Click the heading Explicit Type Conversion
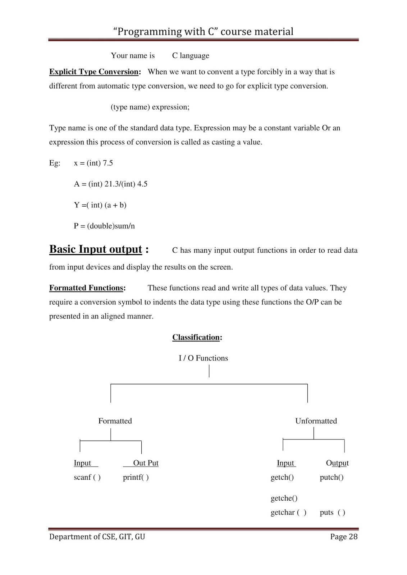click(94, 72)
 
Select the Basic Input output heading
click(96, 249)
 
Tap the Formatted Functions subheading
click(87, 288)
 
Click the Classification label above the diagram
click(197, 337)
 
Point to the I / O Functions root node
click(203, 358)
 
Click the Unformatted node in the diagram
click(316, 421)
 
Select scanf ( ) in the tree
click(87, 477)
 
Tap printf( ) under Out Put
click(136, 477)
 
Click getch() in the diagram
click(282, 477)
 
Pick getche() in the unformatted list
click(284, 498)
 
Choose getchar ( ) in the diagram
click(288, 512)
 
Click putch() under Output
click(331, 477)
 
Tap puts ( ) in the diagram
click(332, 512)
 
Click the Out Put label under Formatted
click(145, 463)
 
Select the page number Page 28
click(344, 537)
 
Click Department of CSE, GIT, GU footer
click(97, 537)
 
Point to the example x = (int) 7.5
click(93, 163)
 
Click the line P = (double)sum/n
click(104, 226)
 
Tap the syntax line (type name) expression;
click(150, 107)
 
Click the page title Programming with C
click(203, 32)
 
